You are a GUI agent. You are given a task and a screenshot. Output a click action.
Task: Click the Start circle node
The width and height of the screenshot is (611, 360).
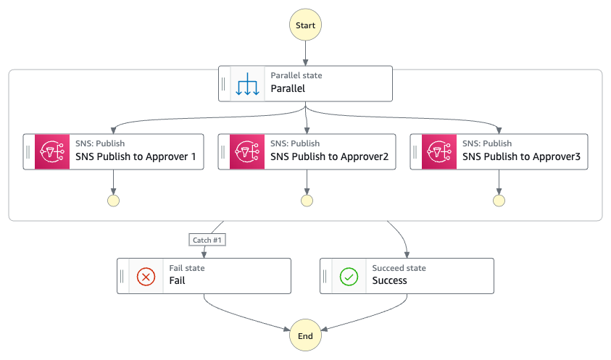pyautogui.click(x=305, y=25)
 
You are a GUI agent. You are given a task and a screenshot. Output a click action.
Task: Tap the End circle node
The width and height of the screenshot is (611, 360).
pyautogui.click(x=305, y=335)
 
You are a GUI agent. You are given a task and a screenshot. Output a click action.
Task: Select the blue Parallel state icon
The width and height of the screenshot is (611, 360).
pyautogui.click(x=247, y=84)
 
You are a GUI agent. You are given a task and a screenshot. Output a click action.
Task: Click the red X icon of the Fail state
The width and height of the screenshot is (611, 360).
pyautogui.click(x=146, y=277)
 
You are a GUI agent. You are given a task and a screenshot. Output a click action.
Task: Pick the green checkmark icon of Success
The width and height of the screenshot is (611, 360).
pyautogui.click(x=349, y=277)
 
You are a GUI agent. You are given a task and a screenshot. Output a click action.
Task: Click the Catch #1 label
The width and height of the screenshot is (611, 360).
pyautogui.click(x=207, y=240)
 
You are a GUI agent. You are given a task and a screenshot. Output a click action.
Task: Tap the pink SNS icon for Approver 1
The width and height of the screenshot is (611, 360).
pyautogui.click(x=52, y=151)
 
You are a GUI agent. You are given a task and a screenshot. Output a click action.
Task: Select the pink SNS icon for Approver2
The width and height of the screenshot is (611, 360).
pyautogui.click(x=247, y=151)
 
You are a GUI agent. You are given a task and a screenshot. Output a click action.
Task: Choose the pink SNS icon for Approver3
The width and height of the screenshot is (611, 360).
pyautogui.click(x=439, y=151)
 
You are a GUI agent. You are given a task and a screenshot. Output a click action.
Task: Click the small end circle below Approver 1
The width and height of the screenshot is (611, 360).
pyautogui.click(x=113, y=201)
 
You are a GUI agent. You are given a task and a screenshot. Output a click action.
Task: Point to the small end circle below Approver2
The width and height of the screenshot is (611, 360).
pyautogui.click(x=307, y=201)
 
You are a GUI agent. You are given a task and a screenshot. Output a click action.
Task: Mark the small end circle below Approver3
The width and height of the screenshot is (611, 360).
pyautogui.click(x=499, y=201)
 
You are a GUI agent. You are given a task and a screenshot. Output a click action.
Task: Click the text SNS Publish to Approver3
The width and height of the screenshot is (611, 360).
pyautogui.click(x=521, y=156)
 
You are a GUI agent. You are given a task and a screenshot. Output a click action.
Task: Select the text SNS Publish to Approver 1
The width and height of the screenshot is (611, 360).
pyautogui.click(x=136, y=156)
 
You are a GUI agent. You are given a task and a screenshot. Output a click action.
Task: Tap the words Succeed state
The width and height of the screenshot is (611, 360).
pyautogui.click(x=399, y=268)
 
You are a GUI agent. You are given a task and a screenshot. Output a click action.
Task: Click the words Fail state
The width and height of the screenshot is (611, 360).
pyautogui.click(x=187, y=268)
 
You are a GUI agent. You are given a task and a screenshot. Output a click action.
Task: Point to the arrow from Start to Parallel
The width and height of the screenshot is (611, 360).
pyautogui.click(x=306, y=53)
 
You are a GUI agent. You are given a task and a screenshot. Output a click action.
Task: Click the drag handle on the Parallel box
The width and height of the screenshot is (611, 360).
pyautogui.click(x=223, y=84)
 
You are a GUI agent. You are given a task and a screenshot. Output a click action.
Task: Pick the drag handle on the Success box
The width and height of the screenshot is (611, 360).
pyautogui.click(x=325, y=276)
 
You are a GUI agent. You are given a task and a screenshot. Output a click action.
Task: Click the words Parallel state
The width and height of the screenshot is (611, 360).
pyautogui.click(x=296, y=75)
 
